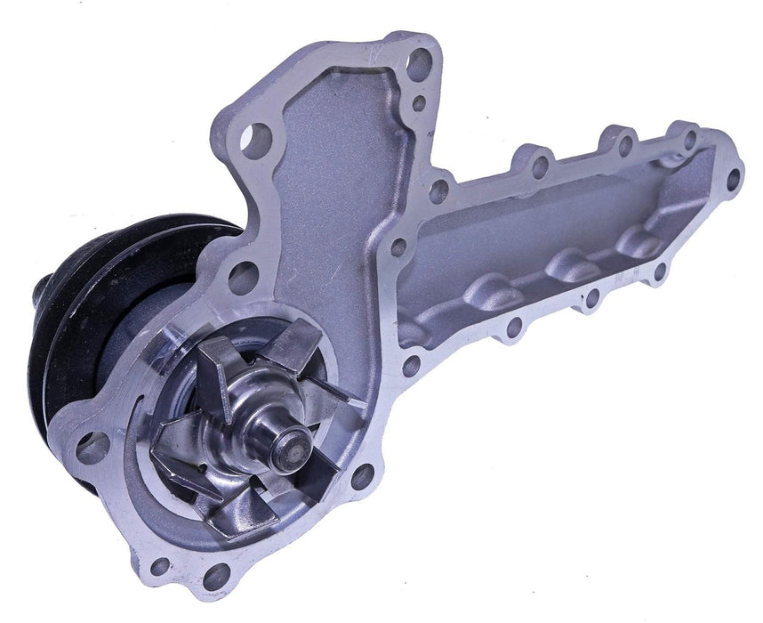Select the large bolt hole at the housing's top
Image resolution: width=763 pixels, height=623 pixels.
coord(418,64)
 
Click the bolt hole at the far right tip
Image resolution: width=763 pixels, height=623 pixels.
coord(733,178)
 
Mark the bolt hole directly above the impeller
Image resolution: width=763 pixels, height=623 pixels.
coord(242,278)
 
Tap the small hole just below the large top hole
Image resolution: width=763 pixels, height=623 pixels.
coord(417,102)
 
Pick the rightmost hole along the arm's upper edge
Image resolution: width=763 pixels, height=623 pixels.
coord(688,137)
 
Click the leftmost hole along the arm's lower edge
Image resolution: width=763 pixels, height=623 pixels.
coord(410,365)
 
